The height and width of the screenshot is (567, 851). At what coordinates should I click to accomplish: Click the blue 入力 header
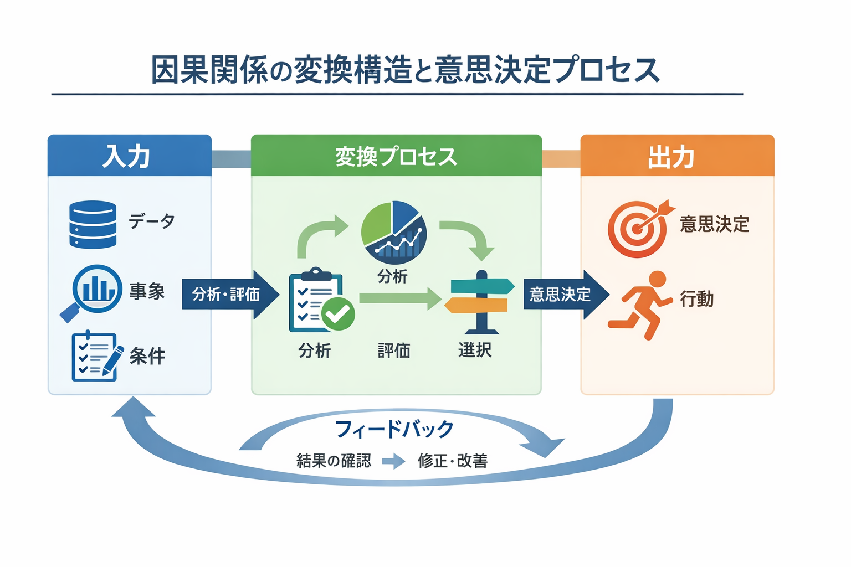point(129,156)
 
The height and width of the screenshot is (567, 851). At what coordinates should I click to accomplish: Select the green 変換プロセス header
point(396,156)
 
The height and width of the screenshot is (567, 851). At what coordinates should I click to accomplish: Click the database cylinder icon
point(93,224)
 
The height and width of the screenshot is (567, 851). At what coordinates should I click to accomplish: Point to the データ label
point(152,221)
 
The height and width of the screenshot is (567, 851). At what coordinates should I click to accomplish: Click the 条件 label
point(147,355)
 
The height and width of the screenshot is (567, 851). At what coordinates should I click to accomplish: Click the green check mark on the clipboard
point(338,314)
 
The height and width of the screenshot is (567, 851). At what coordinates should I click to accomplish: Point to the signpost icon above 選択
point(480,302)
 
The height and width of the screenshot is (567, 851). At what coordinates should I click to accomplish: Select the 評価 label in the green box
point(394,350)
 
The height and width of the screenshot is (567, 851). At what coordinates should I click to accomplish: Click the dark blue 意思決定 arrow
point(565,294)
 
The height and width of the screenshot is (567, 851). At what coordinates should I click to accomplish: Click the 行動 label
point(696,299)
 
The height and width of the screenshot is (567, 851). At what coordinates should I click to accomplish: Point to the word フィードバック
point(394,429)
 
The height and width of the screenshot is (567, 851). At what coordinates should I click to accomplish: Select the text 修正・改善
point(453,461)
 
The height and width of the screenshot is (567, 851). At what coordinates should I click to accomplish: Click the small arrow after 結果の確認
point(394,461)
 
